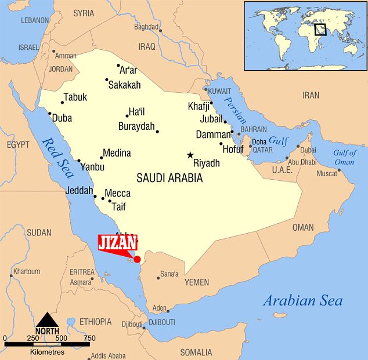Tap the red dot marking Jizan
(x=137, y=259)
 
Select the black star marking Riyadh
(x=190, y=155)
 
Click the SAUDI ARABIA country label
(x=169, y=178)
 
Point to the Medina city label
(x=117, y=153)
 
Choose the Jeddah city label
(x=80, y=190)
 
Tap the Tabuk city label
(x=75, y=97)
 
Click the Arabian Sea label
(x=302, y=300)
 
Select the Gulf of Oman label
(x=344, y=157)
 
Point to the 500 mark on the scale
(x=60, y=338)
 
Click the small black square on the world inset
(x=320, y=29)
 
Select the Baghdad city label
(x=146, y=27)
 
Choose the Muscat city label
(x=326, y=173)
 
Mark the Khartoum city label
(x=27, y=271)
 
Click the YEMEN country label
(x=196, y=282)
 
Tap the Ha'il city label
(x=137, y=112)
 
